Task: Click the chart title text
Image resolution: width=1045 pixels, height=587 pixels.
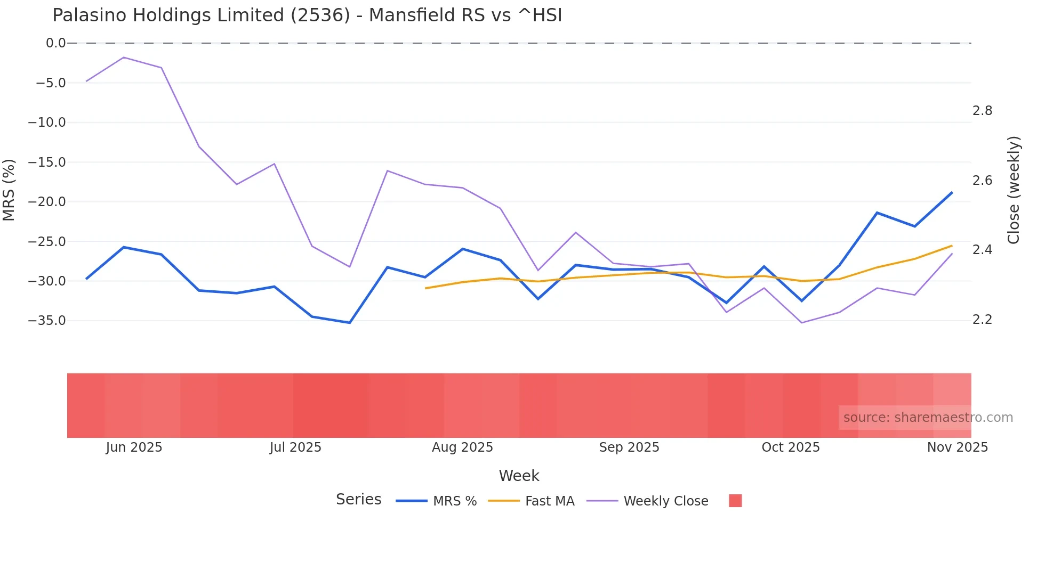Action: click(x=307, y=15)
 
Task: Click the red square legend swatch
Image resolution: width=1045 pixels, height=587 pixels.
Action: click(x=735, y=501)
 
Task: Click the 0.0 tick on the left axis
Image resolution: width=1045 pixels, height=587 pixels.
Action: click(x=55, y=43)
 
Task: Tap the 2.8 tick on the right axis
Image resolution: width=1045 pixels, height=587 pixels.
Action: click(x=982, y=111)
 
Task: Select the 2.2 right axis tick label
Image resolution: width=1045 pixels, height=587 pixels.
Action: click(x=982, y=320)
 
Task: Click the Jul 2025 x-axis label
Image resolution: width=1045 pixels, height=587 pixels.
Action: click(x=295, y=447)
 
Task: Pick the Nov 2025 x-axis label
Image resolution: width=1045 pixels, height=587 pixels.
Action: click(x=957, y=447)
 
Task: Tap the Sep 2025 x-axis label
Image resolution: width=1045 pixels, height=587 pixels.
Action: click(x=629, y=447)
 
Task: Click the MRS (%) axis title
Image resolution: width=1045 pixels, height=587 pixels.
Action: click(x=9, y=190)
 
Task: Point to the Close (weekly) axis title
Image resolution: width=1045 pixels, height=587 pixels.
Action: click(x=1014, y=190)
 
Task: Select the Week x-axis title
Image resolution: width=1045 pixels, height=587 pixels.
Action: click(x=519, y=476)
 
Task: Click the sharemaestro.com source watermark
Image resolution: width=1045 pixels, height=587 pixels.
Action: click(x=928, y=418)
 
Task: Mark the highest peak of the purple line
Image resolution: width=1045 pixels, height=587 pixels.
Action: click(x=124, y=57)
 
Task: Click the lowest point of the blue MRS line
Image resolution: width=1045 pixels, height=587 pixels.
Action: click(x=350, y=323)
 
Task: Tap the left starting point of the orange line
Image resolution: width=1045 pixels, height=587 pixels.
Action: click(x=425, y=288)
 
